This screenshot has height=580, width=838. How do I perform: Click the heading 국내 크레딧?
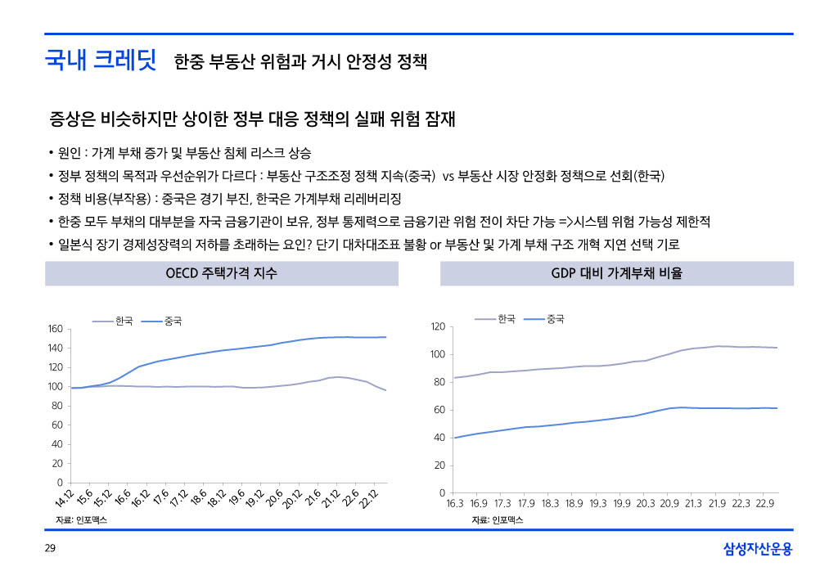click(x=101, y=61)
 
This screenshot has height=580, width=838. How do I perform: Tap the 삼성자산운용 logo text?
click(x=758, y=550)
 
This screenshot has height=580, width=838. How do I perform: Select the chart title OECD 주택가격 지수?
click(x=221, y=273)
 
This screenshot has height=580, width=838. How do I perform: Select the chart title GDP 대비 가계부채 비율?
click(x=616, y=273)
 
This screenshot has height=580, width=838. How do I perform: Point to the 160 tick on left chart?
click(x=55, y=329)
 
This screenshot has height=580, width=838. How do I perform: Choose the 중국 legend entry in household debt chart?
click(x=556, y=318)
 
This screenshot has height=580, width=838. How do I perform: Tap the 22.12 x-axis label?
click(x=367, y=499)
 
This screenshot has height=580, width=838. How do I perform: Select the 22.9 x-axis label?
click(x=765, y=504)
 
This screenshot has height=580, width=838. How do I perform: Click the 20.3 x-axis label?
click(x=646, y=504)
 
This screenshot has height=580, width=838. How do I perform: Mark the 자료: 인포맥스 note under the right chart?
click(x=497, y=520)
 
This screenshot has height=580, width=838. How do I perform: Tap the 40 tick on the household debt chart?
click(x=439, y=438)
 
